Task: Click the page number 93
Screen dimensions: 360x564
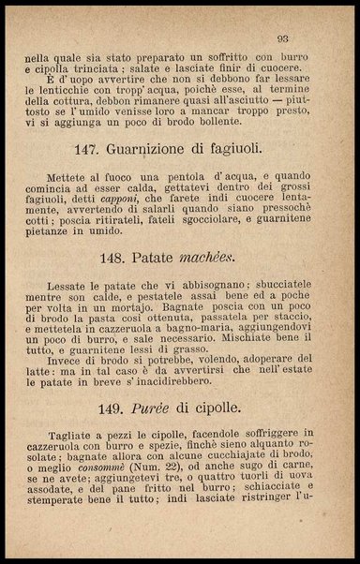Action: point(282,38)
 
